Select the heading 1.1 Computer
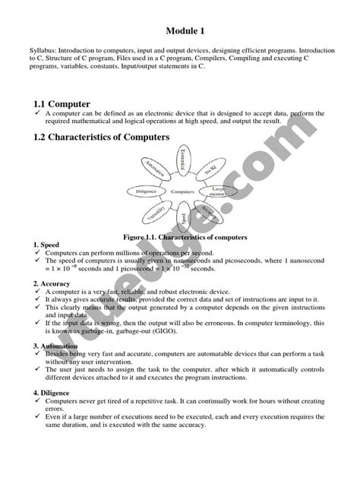62,103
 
